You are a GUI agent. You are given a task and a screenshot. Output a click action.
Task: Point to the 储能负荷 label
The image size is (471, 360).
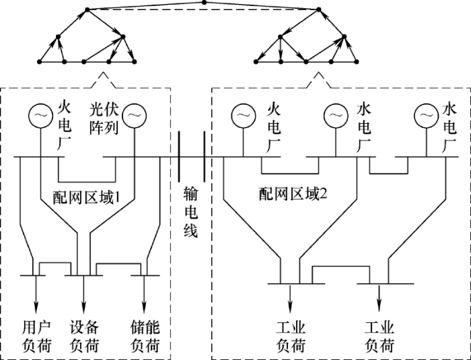coord(145,336)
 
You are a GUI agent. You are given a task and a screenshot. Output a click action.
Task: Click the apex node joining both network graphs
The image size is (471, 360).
coord(204,3)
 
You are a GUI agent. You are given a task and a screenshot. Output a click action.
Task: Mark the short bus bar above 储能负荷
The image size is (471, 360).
coord(144,275)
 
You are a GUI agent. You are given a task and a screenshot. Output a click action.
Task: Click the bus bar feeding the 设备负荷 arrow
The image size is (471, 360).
coord(84,275)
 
